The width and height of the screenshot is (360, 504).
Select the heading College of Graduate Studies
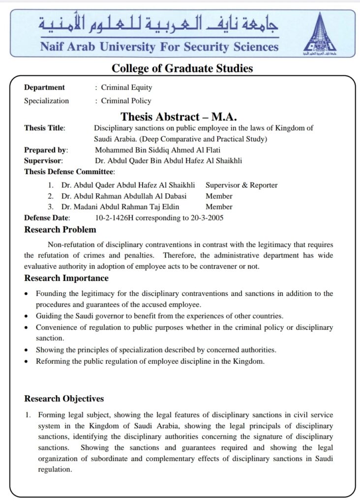pyautogui.click(x=182, y=68)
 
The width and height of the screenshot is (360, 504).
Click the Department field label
pyautogui.click(x=44, y=88)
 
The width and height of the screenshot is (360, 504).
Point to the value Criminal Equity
pyautogui.click(x=126, y=88)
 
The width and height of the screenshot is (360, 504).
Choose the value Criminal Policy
pyautogui.click(x=126, y=101)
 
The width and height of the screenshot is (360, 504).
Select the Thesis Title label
pyautogui.click(x=45, y=128)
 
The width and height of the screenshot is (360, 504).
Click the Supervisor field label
pyautogui.click(x=43, y=160)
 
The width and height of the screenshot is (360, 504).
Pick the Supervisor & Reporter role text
pyautogui.click(x=241, y=185)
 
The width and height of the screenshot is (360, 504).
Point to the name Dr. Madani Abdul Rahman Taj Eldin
pyautogui.click(x=120, y=207)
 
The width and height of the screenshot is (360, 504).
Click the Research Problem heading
pyautogui.click(x=60, y=229)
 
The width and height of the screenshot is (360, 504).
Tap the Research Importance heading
pyautogui.click(x=66, y=278)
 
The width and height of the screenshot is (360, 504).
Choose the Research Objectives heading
pyautogui.click(x=64, y=399)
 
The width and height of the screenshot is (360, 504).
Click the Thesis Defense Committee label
pyautogui.click(x=69, y=172)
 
